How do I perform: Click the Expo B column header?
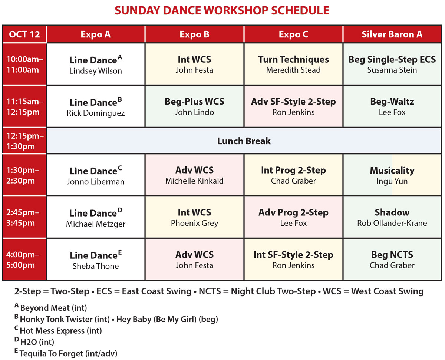pos(194,34)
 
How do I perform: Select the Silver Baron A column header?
pos(392,34)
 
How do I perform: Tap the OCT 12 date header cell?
pos(24,34)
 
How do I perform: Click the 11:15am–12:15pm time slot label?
pos(24,106)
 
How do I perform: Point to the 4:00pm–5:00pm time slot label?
pos(24,260)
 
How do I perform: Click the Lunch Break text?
pos(244,141)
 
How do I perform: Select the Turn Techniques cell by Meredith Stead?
pos(293,64)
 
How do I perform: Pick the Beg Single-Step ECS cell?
pos(392,64)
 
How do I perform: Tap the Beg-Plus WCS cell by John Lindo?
pos(194,106)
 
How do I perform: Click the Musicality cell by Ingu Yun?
pos(392,175)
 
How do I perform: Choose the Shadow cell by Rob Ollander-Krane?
pos(392,217)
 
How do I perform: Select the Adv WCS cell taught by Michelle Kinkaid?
pos(194,175)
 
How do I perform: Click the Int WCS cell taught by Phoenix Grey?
pos(194,217)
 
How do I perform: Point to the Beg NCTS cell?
pos(392,260)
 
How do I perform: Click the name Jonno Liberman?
pos(95,182)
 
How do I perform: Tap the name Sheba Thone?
pos(95,266)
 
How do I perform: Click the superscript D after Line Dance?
pos(120,210)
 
